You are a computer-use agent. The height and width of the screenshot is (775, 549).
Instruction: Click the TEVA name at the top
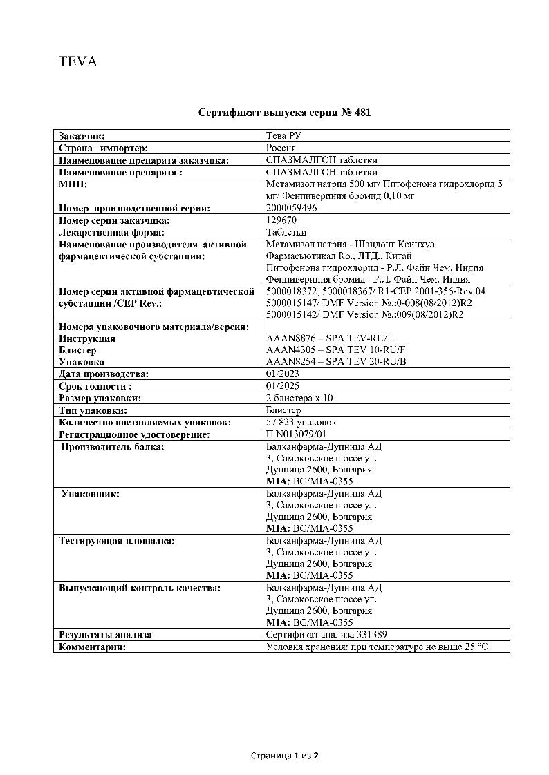coord(77,61)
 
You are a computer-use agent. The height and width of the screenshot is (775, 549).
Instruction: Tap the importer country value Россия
coord(281,148)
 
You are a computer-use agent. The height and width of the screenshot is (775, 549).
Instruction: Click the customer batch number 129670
coord(281,220)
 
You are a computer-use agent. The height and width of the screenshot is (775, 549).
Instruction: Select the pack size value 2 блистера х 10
coord(299,399)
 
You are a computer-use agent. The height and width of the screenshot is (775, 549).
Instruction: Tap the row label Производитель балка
coord(113,447)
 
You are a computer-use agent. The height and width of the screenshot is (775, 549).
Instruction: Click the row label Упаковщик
coord(91,494)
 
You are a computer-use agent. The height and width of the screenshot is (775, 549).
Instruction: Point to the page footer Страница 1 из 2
coord(284,756)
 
